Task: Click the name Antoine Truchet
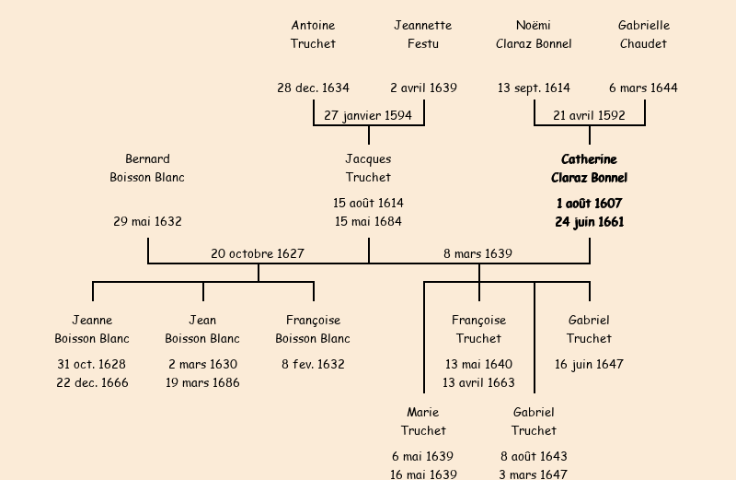(x=313, y=34)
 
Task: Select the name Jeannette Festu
(x=423, y=34)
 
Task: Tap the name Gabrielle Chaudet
(x=644, y=34)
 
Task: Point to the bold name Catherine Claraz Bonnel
(x=589, y=169)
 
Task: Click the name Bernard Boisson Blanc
(x=147, y=169)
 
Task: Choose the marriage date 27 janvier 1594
(x=368, y=115)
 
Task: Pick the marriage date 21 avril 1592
(x=589, y=115)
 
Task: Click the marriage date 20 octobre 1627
(x=258, y=253)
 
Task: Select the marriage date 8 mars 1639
(x=478, y=253)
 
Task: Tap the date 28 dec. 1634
(x=313, y=88)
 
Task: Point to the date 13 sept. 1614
(x=534, y=88)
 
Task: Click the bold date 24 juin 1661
(x=589, y=222)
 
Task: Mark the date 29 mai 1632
(x=147, y=222)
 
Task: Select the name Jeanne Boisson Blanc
(x=92, y=329)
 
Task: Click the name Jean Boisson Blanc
(x=202, y=329)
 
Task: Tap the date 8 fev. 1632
(x=313, y=364)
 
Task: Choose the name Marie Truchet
(x=423, y=421)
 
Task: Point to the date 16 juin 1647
(x=589, y=364)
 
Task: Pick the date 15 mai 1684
(x=368, y=222)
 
